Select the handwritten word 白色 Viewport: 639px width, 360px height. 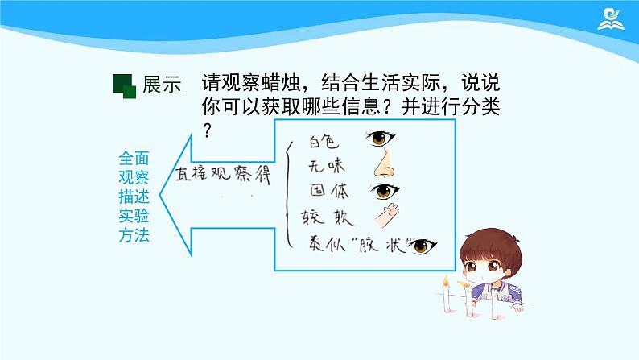tap(326, 142)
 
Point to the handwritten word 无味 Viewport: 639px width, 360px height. tap(327, 166)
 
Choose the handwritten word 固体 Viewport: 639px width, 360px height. tap(329, 192)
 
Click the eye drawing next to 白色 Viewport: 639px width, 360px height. tap(383, 139)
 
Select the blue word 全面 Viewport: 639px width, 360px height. tap(133, 159)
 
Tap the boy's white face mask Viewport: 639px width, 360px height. tap(489, 283)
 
